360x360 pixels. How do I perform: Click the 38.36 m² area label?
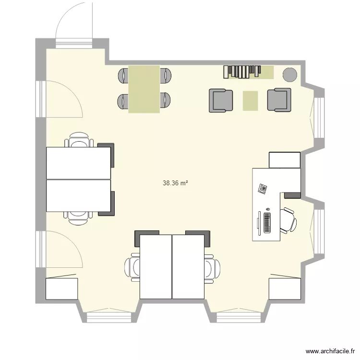(x=175, y=183)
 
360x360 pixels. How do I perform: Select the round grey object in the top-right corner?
(x=289, y=74)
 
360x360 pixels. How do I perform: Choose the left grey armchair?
(x=221, y=100)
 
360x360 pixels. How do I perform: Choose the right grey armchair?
(x=279, y=100)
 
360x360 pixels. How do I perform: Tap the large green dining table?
(x=144, y=89)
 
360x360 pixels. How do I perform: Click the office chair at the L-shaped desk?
(x=288, y=220)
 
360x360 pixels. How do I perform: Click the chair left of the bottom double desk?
(x=132, y=267)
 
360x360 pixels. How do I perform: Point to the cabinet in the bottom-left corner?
(x=61, y=288)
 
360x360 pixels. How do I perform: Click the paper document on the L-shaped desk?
(x=263, y=188)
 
